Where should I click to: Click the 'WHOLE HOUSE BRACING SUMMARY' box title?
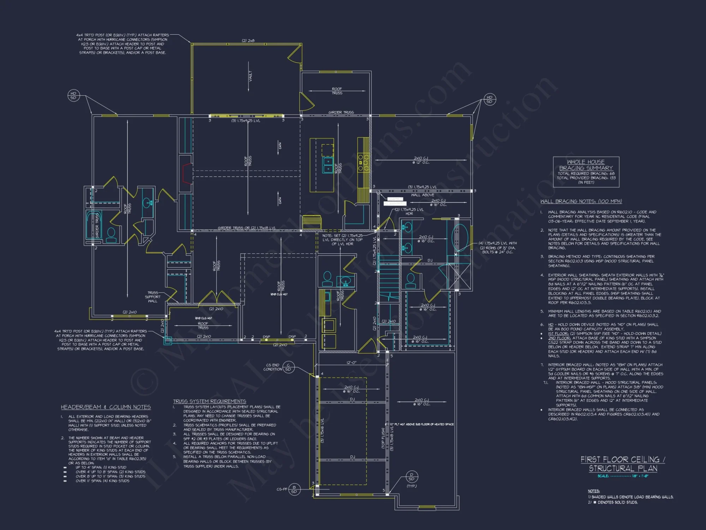(x=586, y=165)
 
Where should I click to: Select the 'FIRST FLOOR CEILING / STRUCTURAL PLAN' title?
(x=623, y=464)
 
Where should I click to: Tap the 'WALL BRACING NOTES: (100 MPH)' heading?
(x=581, y=201)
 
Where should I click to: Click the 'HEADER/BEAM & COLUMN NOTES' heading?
(x=106, y=407)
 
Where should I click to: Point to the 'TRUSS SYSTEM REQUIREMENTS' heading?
(x=209, y=401)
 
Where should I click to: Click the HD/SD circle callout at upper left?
(x=73, y=96)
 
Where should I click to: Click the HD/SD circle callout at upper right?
(x=489, y=99)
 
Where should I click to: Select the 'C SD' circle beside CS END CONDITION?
(x=288, y=367)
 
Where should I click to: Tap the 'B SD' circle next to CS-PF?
(x=294, y=489)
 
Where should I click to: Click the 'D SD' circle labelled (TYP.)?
(x=411, y=477)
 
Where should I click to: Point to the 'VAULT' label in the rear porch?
(x=250, y=76)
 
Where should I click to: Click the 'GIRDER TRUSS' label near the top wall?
(x=341, y=112)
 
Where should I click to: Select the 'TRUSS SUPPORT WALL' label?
(x=152, y=297)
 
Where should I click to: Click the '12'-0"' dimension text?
(x=351, y=363)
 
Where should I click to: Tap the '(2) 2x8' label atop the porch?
(x=248, y=41)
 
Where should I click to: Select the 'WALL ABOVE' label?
(x=423, y=195)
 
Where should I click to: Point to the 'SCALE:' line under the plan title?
(x=623, y=476)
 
